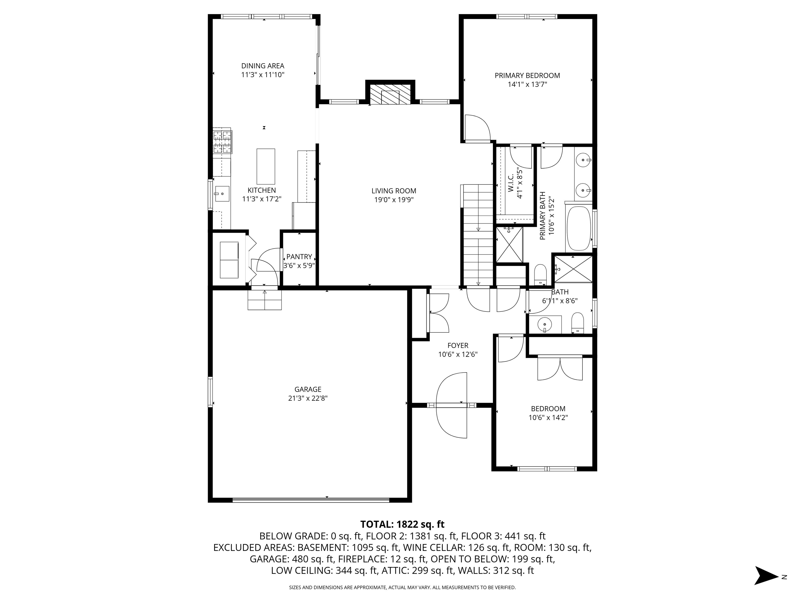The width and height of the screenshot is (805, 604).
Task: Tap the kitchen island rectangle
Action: (x=266, y=166)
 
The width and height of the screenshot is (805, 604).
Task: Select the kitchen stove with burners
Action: (x=222, y=142)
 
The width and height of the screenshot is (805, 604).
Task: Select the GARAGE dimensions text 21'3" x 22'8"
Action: (x=308, y=398)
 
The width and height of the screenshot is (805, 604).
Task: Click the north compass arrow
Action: (x=766, y=576)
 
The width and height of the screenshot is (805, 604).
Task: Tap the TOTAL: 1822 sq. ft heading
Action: (x=402, y=524)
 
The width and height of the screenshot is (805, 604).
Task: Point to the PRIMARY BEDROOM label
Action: (x=527, y=75)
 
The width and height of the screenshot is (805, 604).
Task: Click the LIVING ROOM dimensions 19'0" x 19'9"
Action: (x=394, y=199)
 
